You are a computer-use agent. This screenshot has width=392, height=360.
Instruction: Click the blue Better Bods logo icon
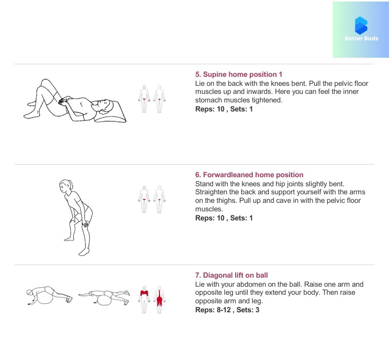click(361, 26)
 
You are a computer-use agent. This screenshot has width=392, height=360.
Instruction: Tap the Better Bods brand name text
click(361, 39)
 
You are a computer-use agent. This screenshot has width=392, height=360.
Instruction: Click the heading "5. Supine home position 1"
click(239, 74)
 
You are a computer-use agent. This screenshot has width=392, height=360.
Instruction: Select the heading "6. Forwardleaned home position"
click(249, 175)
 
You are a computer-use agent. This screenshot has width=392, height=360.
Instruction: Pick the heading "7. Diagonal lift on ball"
click(232, 275)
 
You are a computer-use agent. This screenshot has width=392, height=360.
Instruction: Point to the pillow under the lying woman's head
click(111, 111)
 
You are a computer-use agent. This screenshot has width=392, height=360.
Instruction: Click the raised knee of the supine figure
click(46, 82)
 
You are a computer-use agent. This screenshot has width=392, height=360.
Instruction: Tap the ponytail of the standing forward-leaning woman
click(71, 184)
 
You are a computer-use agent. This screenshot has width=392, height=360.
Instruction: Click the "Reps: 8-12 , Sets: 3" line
click(227, 310)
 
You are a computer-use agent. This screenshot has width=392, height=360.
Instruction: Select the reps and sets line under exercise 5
click(224, 109)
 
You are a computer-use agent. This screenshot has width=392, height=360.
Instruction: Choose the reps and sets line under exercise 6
click(224, 218)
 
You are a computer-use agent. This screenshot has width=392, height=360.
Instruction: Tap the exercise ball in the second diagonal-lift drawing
click(104, 300)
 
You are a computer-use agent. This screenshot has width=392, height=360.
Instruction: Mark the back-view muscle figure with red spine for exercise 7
click(159, 300)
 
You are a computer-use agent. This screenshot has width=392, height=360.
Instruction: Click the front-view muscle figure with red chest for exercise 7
click(144, 300)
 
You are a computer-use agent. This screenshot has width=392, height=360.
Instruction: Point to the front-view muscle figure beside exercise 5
click(144, 99)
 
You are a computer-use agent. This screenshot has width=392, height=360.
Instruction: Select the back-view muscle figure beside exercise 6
click(159, 199)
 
